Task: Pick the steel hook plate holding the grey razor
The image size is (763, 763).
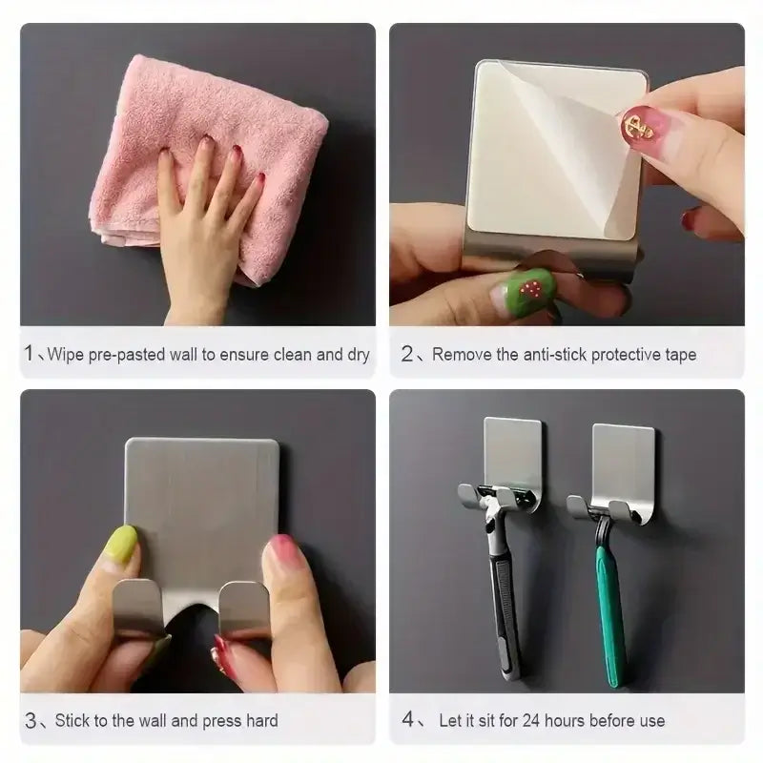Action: (513, 456)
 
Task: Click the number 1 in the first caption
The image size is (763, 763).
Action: (30, 355)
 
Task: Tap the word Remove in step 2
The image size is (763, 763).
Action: (461, 355)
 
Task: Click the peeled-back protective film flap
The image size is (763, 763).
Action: (572, 143)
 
